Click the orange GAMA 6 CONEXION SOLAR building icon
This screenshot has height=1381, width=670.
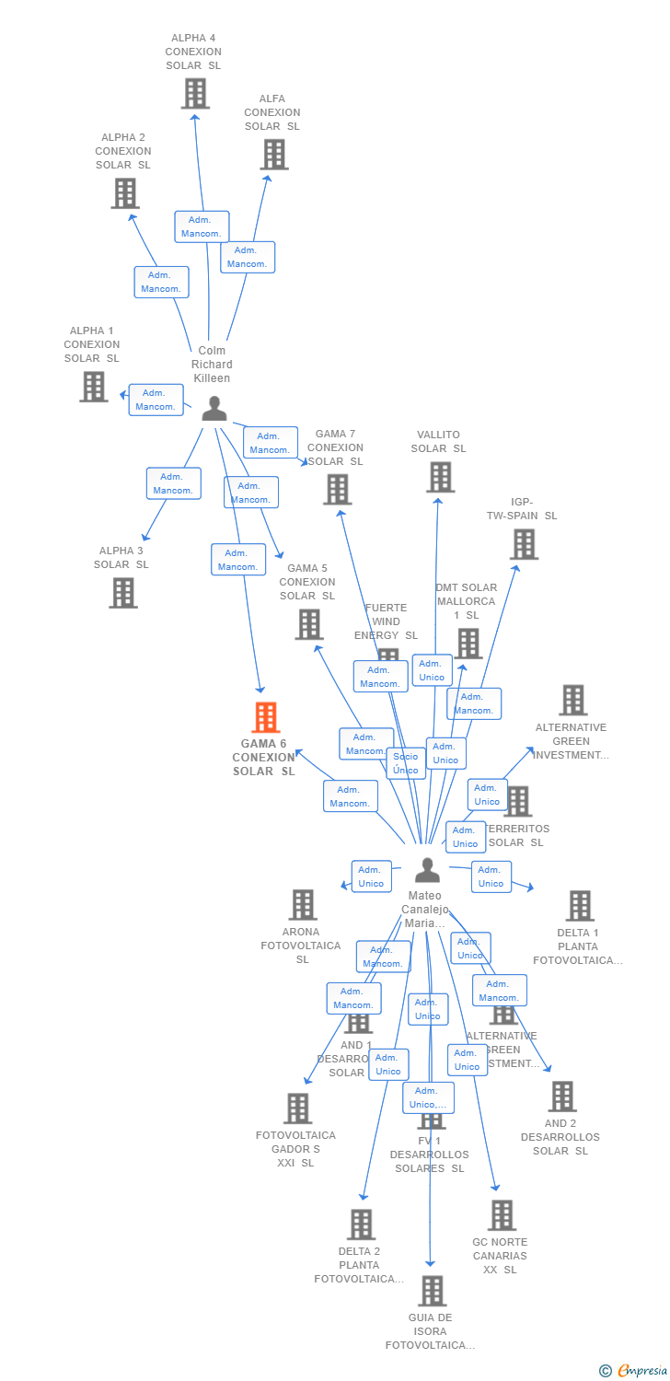coord(265,717)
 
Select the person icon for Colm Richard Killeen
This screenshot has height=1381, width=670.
coord(214,409)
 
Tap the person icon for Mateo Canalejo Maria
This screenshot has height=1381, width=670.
coord(427,870)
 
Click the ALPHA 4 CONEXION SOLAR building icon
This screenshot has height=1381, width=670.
coord(194,94)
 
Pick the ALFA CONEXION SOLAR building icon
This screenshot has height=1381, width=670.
coord(274,155)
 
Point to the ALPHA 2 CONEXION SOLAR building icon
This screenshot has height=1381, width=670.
coord(124,193)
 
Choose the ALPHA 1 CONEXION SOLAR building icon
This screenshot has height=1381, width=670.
coord(93,387)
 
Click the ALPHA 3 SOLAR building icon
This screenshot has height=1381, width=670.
coord(122,593)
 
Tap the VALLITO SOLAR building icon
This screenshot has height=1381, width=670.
coord(440,477)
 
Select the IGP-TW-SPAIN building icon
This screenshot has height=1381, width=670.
coord(523,544)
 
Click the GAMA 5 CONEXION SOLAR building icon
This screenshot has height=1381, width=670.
coord(308,624)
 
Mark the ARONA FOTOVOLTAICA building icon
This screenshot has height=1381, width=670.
coord(303,905)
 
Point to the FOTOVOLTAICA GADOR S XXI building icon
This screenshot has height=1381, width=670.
coord(297,1108)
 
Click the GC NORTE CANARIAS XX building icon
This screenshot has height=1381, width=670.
coord(501,1215)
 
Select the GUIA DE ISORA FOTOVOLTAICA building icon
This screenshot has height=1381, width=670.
coord(431,1291)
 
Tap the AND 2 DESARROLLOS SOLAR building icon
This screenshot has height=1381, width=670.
coord(561,1097)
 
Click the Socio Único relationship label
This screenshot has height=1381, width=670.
coord(406,763)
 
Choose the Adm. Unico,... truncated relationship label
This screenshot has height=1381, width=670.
coord(428,1097)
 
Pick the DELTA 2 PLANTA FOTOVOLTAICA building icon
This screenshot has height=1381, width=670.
coord(361,1224)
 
